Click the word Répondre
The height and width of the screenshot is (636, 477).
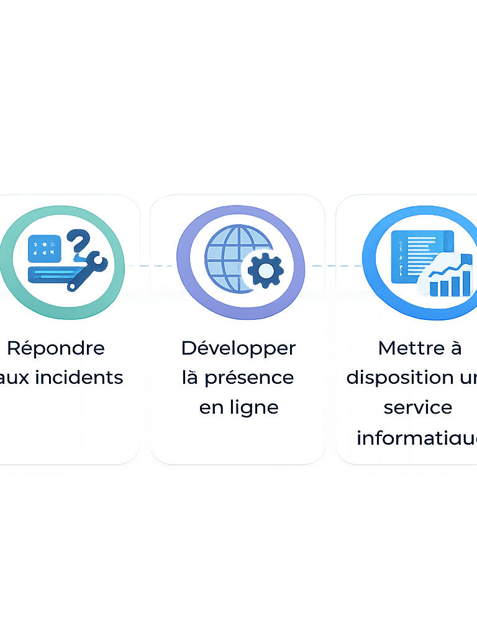[56, 348]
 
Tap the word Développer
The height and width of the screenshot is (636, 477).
[238, 348]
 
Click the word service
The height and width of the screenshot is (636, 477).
[418, 408]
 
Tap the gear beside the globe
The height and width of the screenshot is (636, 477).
[266, 270]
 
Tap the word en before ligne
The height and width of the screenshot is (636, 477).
[211, 408]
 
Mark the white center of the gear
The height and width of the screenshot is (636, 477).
[266, 270]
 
